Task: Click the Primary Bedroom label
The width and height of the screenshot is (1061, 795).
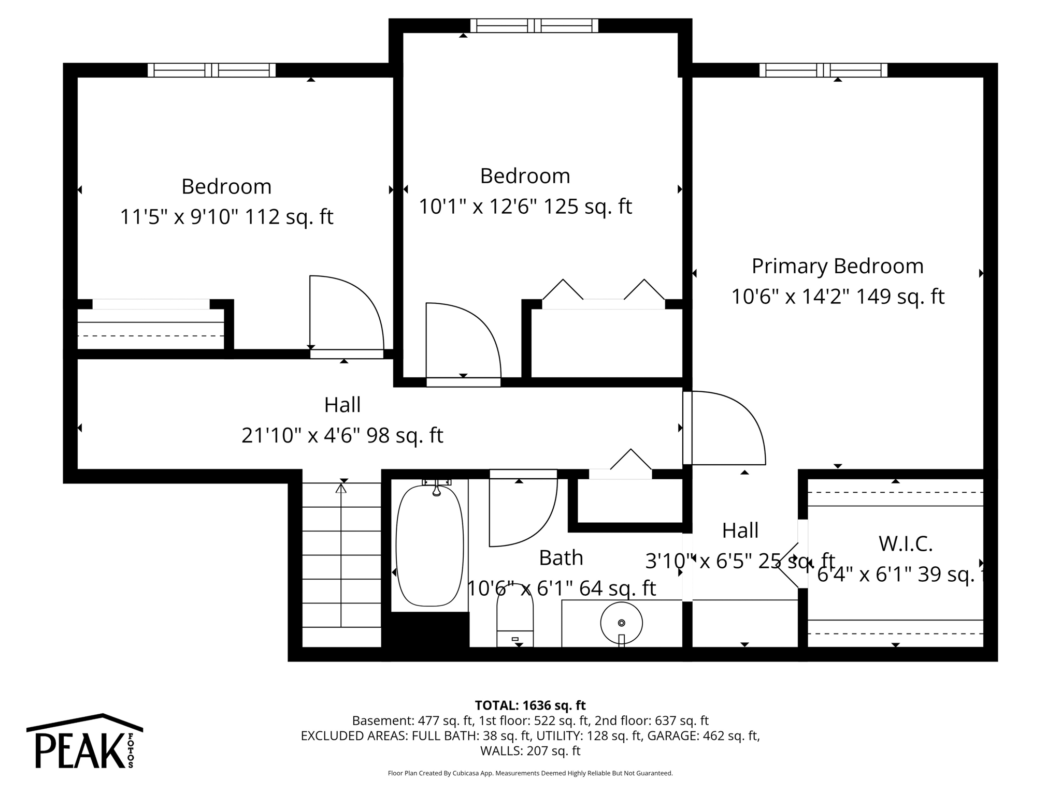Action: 837,266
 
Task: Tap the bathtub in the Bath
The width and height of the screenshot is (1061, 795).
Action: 429,545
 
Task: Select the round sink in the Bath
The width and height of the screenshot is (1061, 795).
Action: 621,623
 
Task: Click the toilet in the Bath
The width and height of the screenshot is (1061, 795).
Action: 514,621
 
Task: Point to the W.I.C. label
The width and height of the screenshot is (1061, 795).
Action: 905,543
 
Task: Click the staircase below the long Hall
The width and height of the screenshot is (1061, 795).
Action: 341,564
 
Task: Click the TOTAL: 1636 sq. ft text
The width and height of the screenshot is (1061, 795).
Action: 530,705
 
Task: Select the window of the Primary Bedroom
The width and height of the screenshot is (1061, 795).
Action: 823,70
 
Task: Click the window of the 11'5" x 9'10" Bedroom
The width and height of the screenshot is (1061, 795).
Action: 211,70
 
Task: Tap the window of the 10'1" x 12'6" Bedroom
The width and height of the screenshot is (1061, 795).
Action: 534,25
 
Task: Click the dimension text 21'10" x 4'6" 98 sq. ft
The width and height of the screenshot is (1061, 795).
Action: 342,436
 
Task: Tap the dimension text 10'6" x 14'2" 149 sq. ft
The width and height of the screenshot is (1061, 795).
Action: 837,297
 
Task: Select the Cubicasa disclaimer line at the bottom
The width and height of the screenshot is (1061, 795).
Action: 530,773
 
